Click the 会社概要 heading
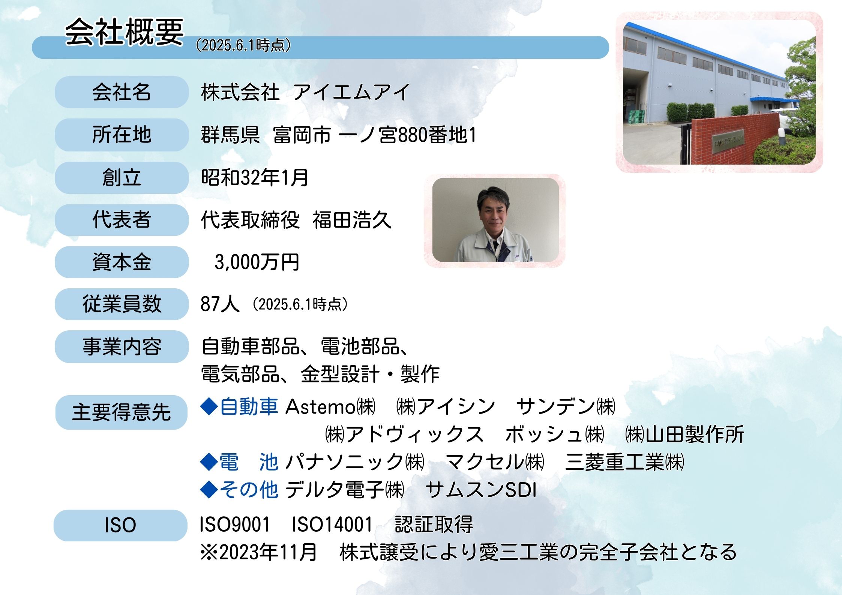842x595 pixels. (x=124, y=32)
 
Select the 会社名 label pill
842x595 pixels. (x=122, y=92)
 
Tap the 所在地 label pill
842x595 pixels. (x=122, y=135)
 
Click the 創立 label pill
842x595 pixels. (x=122, y=178)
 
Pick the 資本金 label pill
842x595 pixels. (x=122, y=262)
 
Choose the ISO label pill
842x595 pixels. (x=120, y=525)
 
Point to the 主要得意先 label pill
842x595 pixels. (x=121, y=412)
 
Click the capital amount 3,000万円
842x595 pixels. (x=257, y=262)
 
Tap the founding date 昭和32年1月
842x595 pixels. (x=255, y=177)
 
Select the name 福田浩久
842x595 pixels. (x=352, y=220)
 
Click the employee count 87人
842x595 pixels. (x=220, y=304)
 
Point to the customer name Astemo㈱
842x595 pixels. (x=330, y=407)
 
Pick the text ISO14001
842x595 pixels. (x=332, y=525)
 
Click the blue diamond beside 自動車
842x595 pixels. (x=209, y=407)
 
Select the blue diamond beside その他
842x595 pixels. (x=209, y=490)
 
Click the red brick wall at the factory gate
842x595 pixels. (x=735, y=139)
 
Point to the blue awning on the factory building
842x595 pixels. (x=773, y=100)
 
